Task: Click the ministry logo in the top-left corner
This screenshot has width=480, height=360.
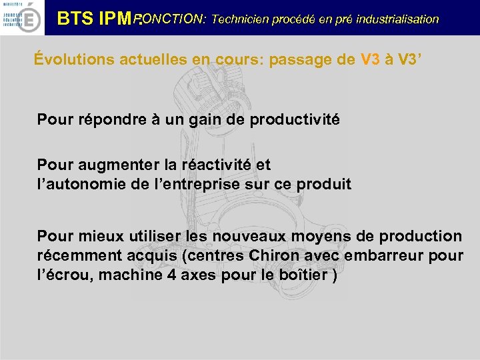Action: pos(22,17)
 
